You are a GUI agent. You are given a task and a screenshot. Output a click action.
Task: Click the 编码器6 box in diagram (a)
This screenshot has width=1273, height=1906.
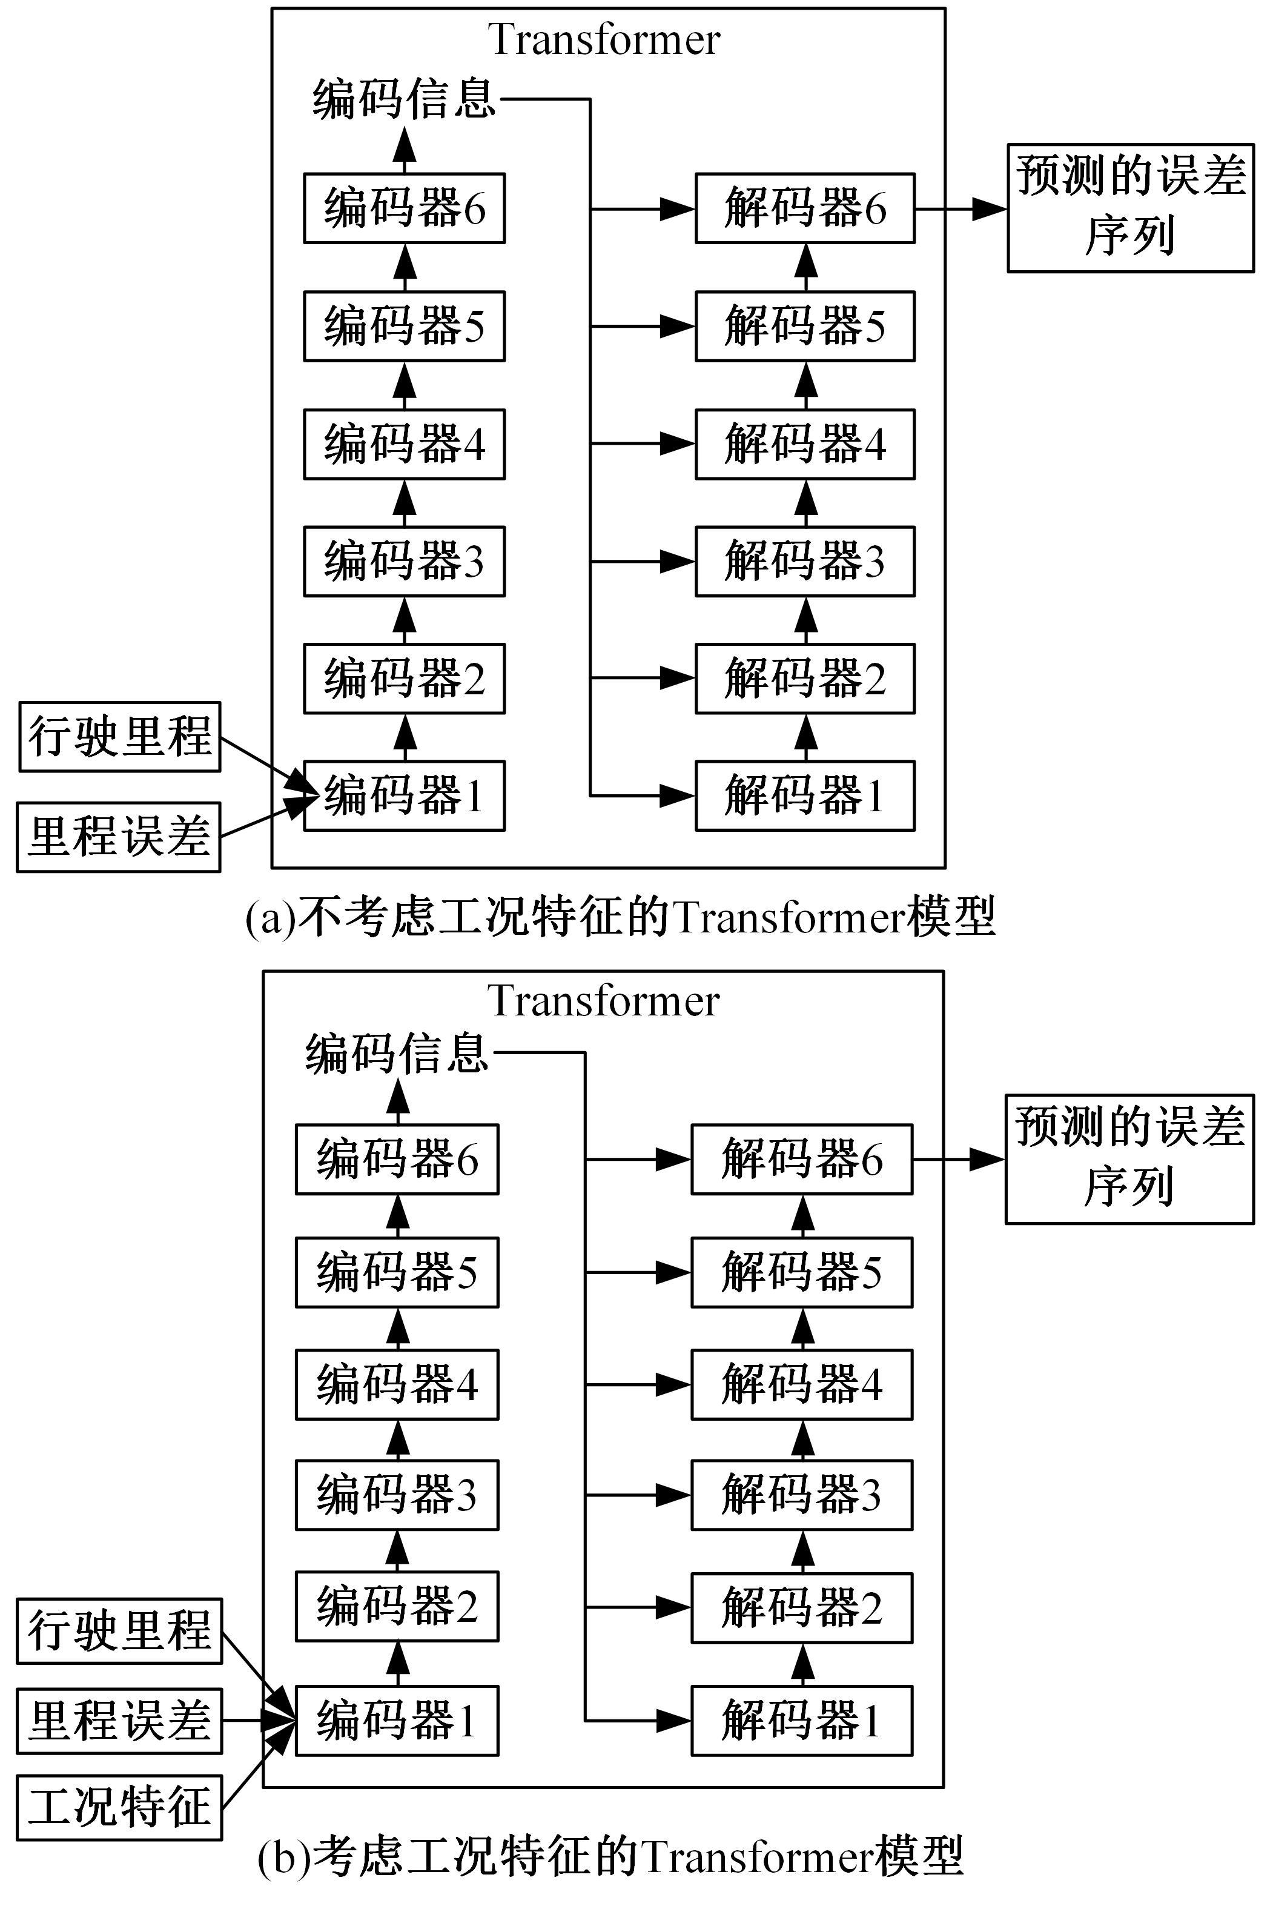tap(405, 208)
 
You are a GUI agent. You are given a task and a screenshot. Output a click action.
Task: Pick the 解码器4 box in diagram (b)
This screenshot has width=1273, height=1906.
tap(801, 1384)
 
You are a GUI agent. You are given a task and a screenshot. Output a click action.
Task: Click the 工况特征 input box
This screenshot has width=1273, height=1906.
tap(119, 1807)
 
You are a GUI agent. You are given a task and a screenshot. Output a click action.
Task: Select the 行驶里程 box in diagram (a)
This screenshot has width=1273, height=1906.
tap(119, 737)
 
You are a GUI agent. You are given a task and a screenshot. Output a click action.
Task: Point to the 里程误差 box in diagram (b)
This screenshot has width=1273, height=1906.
tap(119, 1720)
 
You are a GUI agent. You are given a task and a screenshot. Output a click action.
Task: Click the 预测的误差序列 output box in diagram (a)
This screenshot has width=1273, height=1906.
tap(1130, 208)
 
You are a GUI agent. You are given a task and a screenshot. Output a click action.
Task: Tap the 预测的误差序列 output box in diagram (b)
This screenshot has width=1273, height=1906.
tap(1129, 1159)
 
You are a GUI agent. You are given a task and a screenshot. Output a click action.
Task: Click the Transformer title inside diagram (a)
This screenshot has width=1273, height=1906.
tap(604, 39)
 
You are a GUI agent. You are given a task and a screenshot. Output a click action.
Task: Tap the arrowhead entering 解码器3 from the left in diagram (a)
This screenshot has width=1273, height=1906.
tap(677, 561)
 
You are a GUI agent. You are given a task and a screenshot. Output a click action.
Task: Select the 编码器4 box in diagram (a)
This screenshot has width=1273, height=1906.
tap(405, 443)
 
